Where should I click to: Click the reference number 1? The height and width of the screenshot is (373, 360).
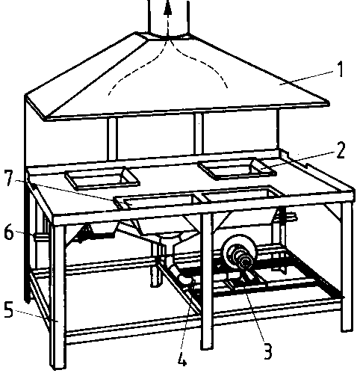click(x=340, y=69)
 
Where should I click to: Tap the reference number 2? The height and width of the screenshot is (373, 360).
click(x=340, y=150)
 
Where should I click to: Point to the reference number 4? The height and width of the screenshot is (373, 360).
click(x=182, y=358)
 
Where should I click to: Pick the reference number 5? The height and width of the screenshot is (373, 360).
click(x=8, y=309)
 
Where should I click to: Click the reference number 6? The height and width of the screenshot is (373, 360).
click(x=8, y=232)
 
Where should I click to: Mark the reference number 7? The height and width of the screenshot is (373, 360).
click(x=9, y=177)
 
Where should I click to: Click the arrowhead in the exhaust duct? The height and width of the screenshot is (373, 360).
click(x=168, y=7)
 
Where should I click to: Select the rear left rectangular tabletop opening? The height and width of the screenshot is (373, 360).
click(x=102, y=177)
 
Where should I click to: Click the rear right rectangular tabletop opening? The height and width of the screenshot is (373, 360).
click(x=237, y=169)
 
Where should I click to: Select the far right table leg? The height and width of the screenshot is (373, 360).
click(x=347, y=267)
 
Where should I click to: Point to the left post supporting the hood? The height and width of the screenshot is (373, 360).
click(x=112, y=139)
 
